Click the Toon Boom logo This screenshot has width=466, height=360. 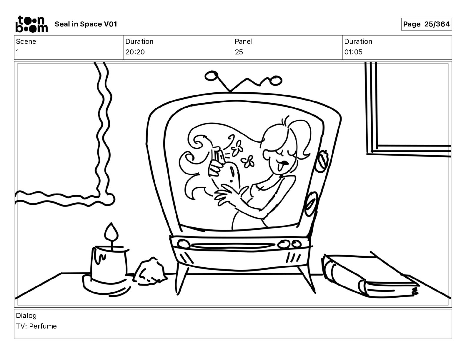coord(32,24)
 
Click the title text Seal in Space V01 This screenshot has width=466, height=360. coord(86,24)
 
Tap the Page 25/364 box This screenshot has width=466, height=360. coord(426,24)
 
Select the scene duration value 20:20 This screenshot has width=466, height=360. coord(135,52)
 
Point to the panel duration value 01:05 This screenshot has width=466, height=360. coord(353,52)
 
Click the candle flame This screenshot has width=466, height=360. coord(111,232)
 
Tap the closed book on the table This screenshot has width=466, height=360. coord(370,276)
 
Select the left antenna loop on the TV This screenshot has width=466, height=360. coord(212,76)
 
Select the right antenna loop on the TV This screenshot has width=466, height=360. coord(276,81)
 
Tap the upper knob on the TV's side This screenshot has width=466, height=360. coord(322,161)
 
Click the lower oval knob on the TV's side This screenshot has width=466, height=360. coord(311,204)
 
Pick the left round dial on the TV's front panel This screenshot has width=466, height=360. coord(184,244)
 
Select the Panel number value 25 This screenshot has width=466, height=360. coord(239,52)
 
